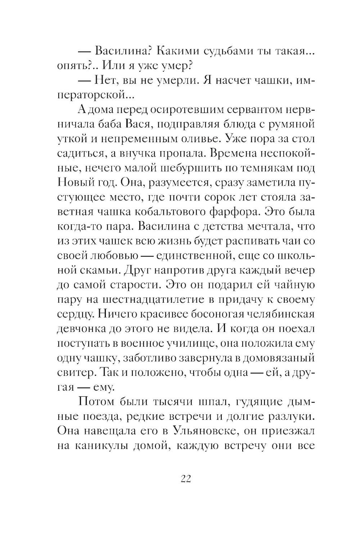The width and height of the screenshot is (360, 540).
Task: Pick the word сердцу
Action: [76, 314]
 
